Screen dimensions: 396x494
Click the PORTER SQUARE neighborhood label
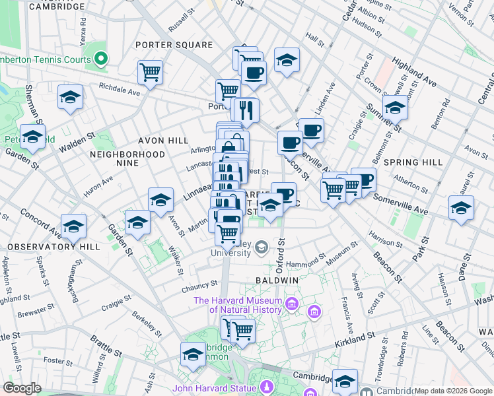[x=174, y=45]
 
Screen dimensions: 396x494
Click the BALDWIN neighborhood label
[x=277, y=280]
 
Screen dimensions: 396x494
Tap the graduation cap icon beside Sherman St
[x=70, y=97]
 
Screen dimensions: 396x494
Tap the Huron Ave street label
[x=98, y=183]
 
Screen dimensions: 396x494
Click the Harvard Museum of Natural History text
[x=238, y=304]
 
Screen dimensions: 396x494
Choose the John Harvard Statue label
[x=215, y=388]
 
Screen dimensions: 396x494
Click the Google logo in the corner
[x=22, y=388]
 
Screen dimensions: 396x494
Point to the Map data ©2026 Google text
[x=452, y=391]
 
